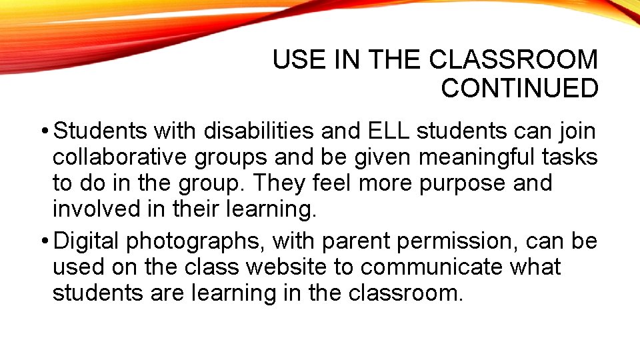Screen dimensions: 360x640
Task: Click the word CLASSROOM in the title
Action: [513, 60]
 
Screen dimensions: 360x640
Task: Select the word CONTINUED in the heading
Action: [519, 88]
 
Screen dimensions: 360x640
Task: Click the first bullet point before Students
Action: [44, 131]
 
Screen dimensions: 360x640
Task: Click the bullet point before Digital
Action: [44, 241]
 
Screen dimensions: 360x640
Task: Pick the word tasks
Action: [569, 157]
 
